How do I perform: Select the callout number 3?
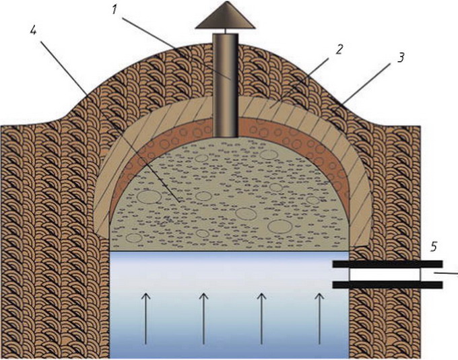401,59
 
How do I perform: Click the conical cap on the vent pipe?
224,20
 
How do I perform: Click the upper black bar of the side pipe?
387,264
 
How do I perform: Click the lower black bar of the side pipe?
387,285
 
